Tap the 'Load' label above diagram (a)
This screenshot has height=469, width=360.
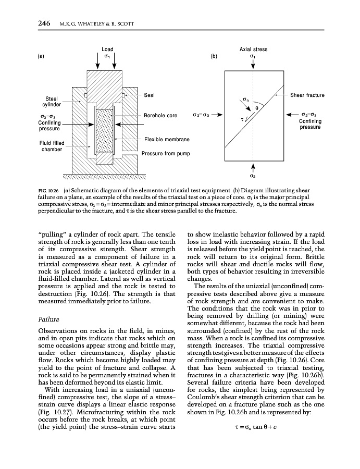pyautogui.click(x=107, y=50)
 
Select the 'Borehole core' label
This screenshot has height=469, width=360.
pyautogui.click(x=160, y=115)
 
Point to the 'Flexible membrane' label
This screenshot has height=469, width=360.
pyautogui.click(x=167, y=140)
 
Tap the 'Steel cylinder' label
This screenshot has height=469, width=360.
pyautogui.click(x=51, y=101)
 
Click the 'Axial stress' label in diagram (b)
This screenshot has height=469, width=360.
pyautogui.click(x=253, y=50)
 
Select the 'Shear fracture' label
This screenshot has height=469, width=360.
pyautogui.click(x=307, y=95)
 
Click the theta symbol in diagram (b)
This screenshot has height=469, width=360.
pyautogui.click(x=256, y=108)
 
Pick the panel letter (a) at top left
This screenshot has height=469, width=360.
pyautogui.click(x=41, y=56)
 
